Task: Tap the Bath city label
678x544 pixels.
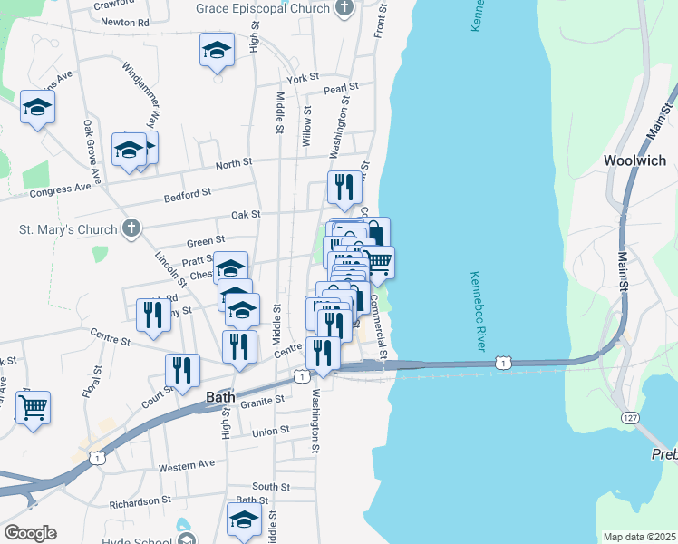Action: pyautogui.click(x=220, y=397)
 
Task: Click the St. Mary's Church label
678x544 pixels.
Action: pyautogui.click(x=70, y=228)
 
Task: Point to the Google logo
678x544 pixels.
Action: pyautogui.click(x=30, y=533)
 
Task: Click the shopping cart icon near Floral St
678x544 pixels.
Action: pyautogui.click(x=34, y=408)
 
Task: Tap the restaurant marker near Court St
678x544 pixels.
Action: pyautogui.click(x=182, y=370)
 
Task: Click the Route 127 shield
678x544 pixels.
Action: pyautogui.click(x=631, y=416)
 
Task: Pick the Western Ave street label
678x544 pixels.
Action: pyautogui.click(x=187, y=465)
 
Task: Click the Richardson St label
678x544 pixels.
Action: pyautogui.click(x=140, y=500)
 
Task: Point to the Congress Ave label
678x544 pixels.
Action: pyautogui.click(x=61, y=189)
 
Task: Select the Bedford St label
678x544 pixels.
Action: pyautogui.click(x=187, y=193)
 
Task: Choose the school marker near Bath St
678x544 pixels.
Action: pyautogui.click(x=244, y=520)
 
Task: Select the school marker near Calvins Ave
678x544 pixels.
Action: pyautogui.click(x=38, y=107)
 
